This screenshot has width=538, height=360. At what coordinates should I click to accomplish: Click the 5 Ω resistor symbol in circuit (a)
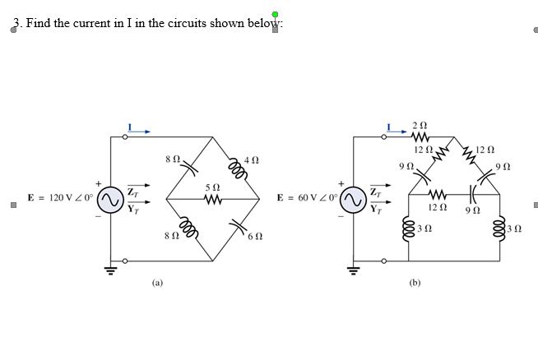pos(213,199)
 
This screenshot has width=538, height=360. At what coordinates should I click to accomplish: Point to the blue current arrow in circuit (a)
pos(141,129)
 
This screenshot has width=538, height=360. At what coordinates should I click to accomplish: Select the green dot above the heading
pos(275,14)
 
